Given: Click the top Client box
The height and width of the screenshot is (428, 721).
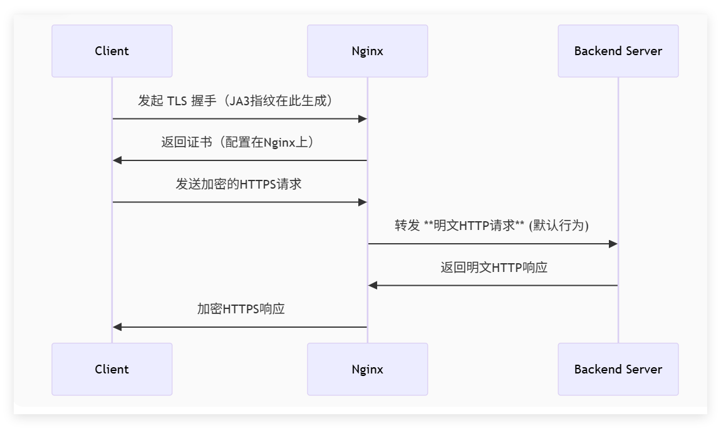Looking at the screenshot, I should (112, 51).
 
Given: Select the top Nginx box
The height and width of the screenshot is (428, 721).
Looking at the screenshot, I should (367, 51).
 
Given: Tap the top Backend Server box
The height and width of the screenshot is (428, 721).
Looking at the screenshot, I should (618, 51).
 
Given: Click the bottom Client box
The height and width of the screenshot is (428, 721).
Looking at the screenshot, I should (112, 369).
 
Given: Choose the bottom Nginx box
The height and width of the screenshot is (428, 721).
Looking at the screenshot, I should (367, 369).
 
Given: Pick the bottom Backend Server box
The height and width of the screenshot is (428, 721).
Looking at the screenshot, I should (618, 369).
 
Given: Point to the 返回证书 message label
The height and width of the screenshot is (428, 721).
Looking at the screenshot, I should (237, 142).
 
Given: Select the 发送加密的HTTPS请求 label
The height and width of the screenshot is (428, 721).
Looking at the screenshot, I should (239, 184).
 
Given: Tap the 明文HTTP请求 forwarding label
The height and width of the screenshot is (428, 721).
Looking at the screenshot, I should (492, 226).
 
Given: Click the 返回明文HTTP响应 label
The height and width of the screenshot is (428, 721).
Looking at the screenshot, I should (494, 268).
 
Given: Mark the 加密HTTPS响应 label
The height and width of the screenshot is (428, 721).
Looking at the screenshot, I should (241, 309).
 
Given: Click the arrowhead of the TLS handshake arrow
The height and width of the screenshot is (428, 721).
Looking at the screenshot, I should (362, 118).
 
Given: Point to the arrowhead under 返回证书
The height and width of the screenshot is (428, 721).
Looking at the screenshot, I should (118, 160).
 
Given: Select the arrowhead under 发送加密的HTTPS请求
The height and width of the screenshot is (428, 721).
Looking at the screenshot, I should (362, 202).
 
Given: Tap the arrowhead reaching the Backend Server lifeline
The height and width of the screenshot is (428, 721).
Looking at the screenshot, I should (613, 244).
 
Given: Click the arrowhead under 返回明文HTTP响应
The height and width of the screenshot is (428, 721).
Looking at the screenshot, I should (373, 285).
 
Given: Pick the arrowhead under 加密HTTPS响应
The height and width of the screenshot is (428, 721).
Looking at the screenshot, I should (118, 327).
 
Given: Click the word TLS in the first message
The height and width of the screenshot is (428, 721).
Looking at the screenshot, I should (177, 101).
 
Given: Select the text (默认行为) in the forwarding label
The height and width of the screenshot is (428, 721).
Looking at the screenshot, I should (559, 226).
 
